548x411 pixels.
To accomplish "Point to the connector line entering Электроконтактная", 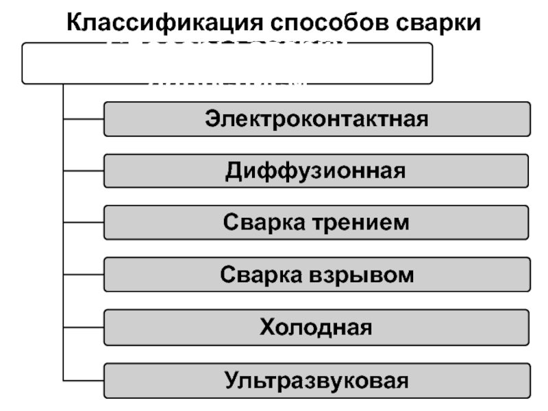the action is [83, 119].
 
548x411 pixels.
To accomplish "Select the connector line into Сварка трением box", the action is [83, 223].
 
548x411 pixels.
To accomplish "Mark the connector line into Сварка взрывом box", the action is [83, 275].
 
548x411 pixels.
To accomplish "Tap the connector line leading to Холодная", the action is [83, 327].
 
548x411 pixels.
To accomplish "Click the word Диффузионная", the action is [316, 171].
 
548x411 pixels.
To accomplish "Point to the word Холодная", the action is [316, 327].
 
